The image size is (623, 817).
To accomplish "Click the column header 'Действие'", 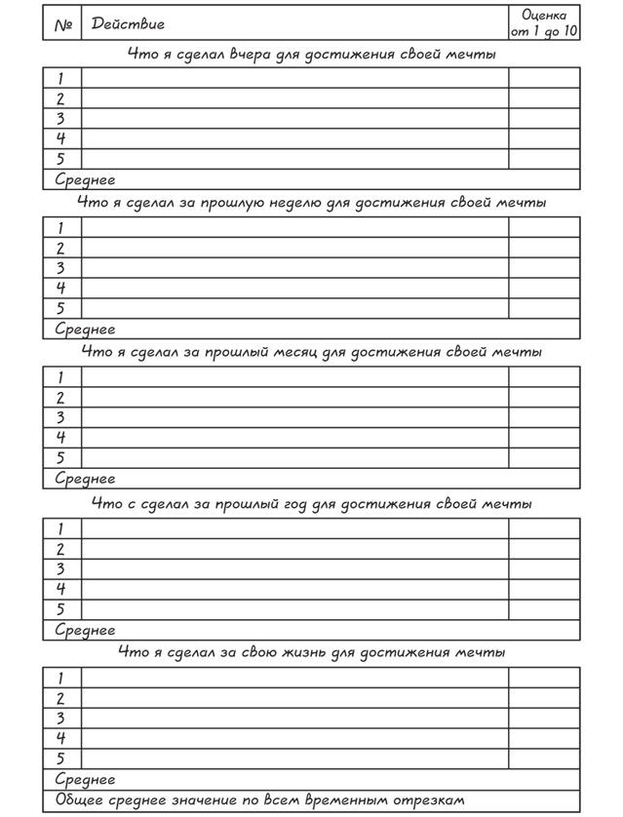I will coord(128,24).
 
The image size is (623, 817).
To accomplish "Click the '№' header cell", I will coord(63,24).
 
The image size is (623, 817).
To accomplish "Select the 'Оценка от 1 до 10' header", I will coord(544,22).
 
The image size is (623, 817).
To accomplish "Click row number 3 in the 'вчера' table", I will coord(60,119).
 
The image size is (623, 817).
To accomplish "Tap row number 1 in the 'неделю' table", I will coord(60,227).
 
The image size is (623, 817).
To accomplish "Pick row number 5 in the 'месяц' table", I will coord(60,457).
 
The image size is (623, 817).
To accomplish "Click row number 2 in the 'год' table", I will coord(60,549).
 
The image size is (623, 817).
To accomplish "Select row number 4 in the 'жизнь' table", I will coord(60,738).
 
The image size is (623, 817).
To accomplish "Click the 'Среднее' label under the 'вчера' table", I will coord(85,180).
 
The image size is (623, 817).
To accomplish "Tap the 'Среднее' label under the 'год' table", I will coord(85,631).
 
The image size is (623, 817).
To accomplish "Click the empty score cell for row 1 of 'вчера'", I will coord(544,79).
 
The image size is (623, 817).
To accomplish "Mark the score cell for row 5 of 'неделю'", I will coord(544,308).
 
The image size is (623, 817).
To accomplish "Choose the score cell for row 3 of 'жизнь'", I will coord(544,719).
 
